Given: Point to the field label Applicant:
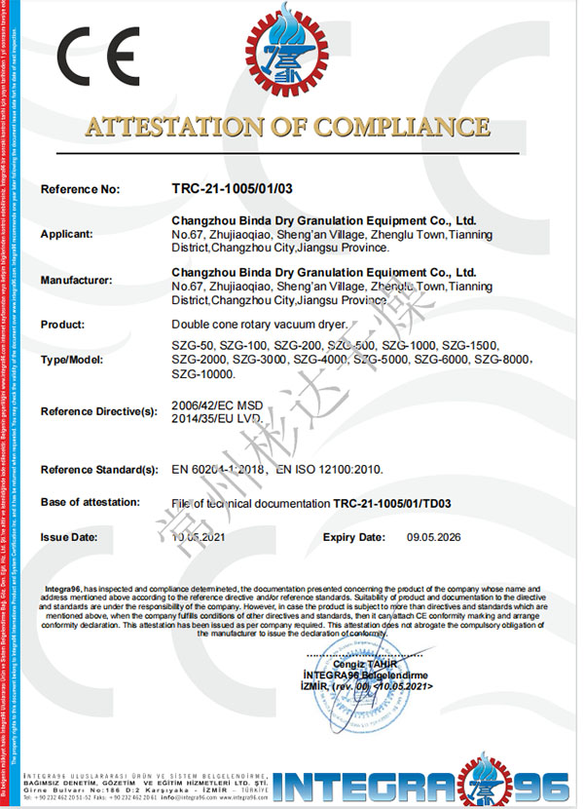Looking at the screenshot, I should tap(67, 234).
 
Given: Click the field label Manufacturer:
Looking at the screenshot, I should tap(77, 280).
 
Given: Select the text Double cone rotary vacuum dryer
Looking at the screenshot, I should tap(257, 324).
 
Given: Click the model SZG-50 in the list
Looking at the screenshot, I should tap(192, 346).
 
